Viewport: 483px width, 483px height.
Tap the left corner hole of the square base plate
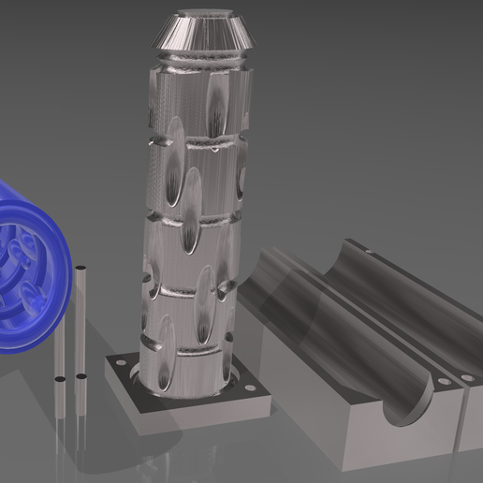tap(119, 360)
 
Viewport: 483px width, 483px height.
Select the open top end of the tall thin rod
tap(83, 271)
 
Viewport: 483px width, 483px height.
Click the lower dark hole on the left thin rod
tap(61, 379)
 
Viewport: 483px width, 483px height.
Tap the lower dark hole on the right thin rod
tap(81, 377)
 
